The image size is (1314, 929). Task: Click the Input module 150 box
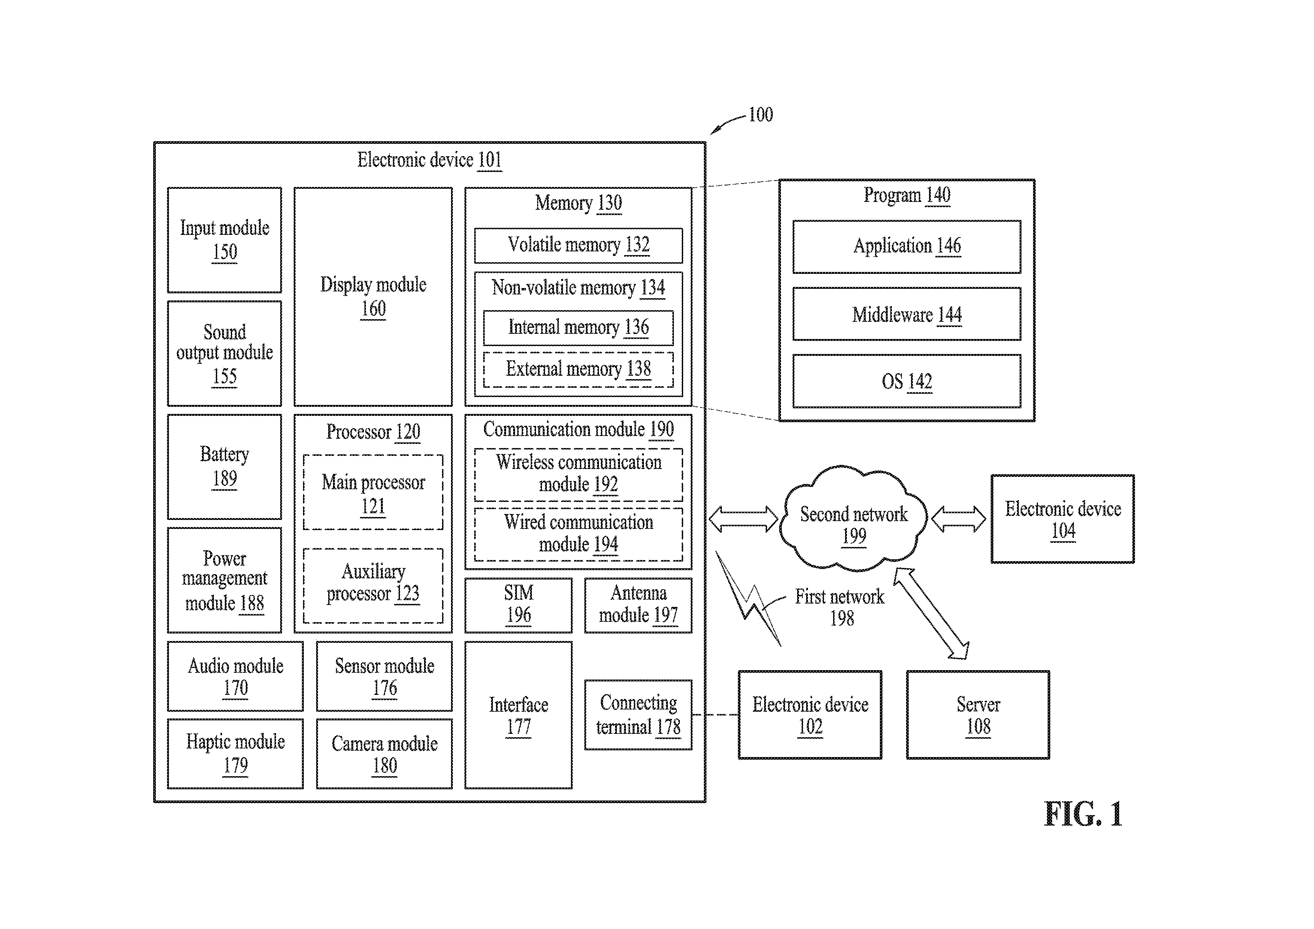pyautogui.click(x=224, y=240)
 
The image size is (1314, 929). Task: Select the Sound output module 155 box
pyautogui.click(x=224, y=353)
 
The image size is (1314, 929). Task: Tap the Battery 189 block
pyautogui.click(x=224, y=466)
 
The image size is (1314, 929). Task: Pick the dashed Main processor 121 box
pyautogui.click(x=373, y=492)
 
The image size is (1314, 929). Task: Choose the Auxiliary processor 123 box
pyautogui.click(x=373, y=585)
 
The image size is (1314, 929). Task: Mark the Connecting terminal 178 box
pyautogui.click(x=638, y=715)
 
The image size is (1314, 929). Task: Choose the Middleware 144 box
pyautogui.click(x=906, y=314)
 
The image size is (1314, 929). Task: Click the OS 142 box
pyautogui.click(x=906, y=381)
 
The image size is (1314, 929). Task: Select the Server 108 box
pyautogui.click(x=978, y=715)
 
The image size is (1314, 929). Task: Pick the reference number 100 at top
pyautogui.click(x=761, y=115)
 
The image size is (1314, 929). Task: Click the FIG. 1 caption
pyautogui.click(x=1083, y=814)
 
